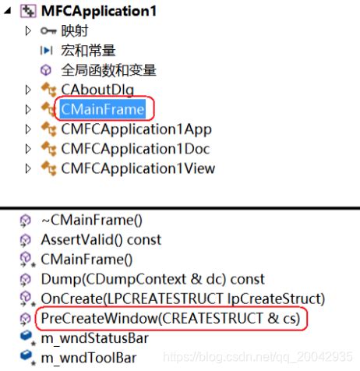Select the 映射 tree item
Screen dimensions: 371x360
pyautogui.click(x=75, y=31)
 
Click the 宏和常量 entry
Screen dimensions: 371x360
pyautogui.click(x=88, y=51)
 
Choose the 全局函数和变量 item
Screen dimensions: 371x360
pyautogui.click(x=108, y=70)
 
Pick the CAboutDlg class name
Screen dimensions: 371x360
pyautogui.click(x=97, y=90)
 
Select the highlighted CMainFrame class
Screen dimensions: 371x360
pyautogui.click(x=103, y=109)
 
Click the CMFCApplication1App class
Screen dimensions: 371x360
pyautogui.click(x=136, y=129)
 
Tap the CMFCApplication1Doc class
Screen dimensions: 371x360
pyautogui.click(x=136, y=148)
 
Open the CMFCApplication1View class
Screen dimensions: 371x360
pyautogui.click(x=138, y=168)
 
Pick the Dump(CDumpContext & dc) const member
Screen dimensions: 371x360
pyautogui.click(x=152, y=278)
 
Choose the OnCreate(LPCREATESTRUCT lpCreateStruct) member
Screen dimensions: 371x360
pyautogui.click(x=182, y=298)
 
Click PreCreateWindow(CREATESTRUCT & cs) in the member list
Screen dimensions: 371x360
pyautogui.click(x=171, y=318)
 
